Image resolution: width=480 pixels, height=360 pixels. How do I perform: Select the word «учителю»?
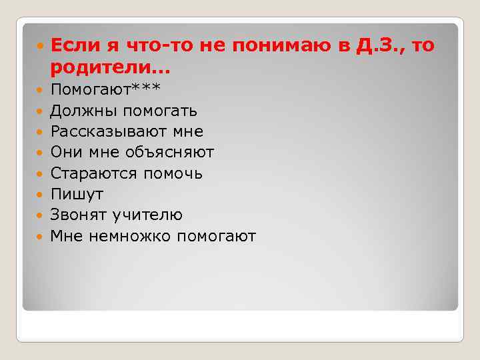148,215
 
